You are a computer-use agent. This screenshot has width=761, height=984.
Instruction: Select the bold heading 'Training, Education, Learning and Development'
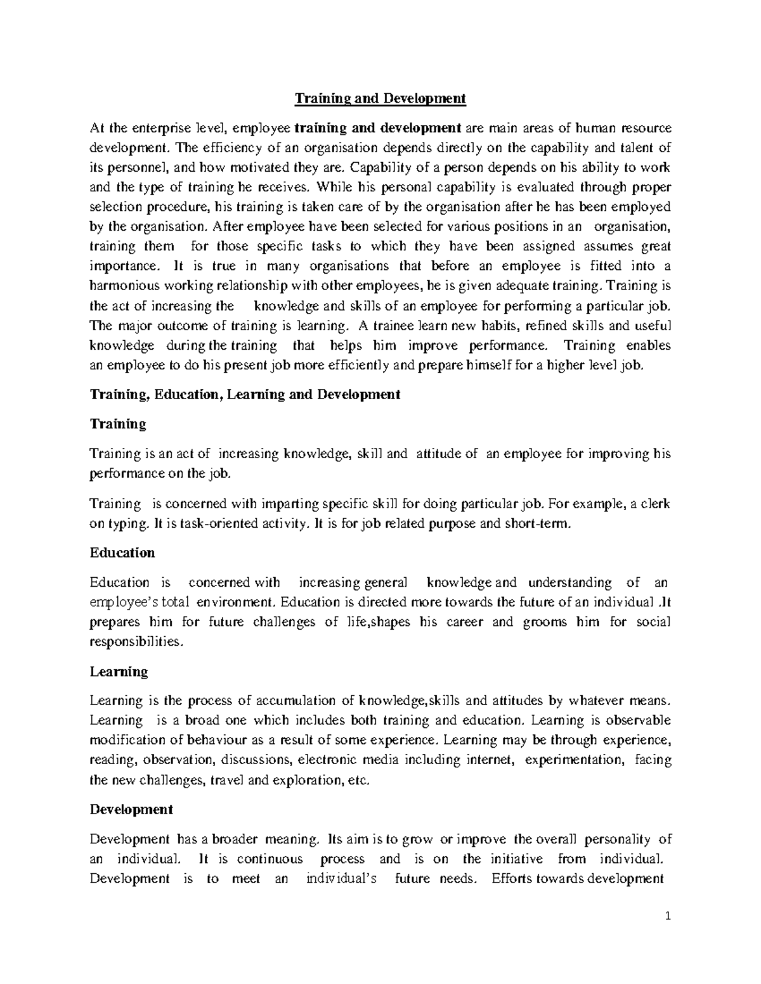[x=245, y=394]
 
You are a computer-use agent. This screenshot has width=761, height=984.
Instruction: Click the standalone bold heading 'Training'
[x=118, y=424]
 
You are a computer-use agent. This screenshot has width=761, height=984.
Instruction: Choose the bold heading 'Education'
[x=122, y=553]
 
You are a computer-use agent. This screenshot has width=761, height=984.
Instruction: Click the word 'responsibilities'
[x=135, y=642]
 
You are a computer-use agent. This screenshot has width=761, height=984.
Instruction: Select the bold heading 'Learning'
[x=119, y=672]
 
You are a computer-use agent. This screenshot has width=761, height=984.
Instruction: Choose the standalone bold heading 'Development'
[x=131, y=810]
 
